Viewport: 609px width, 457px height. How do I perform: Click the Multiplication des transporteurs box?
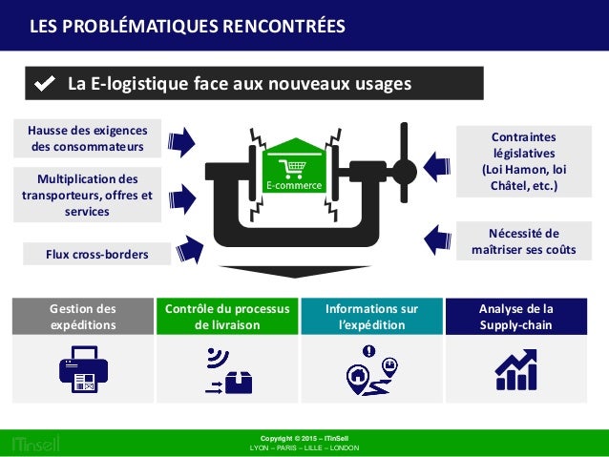click(x=87, y=195)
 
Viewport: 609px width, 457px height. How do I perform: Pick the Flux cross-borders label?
click(x=96, y=254)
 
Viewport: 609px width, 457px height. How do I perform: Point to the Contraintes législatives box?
click(x=521, y=161)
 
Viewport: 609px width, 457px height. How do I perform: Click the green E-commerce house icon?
click(x=295, y=165)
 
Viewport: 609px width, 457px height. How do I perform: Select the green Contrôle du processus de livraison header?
click(x=226, y=316)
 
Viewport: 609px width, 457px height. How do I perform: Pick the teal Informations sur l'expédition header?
click(x=371, y=316)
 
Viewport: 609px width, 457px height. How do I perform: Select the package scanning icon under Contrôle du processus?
click(x=227, y=370)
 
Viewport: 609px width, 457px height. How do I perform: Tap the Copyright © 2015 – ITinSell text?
click(x=304, y=437)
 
